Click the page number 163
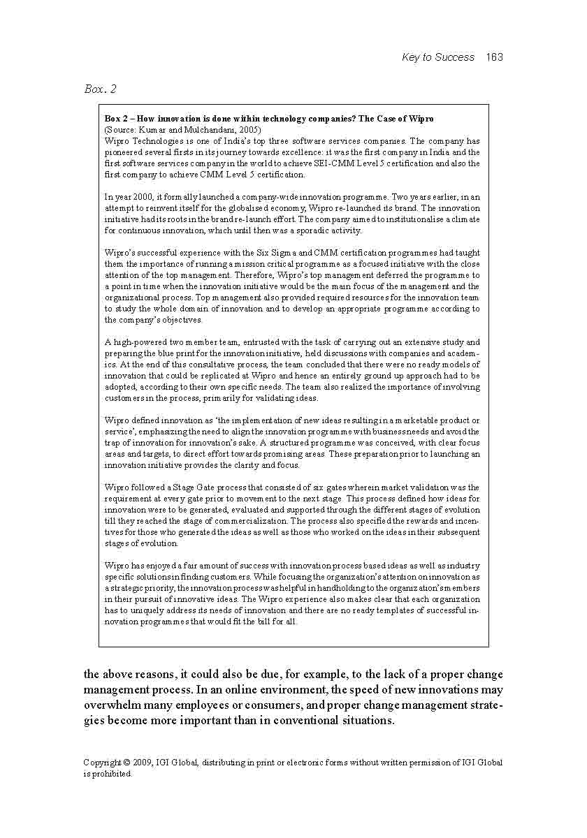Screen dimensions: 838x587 coord(494,57)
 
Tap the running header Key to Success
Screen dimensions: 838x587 coord(438,57)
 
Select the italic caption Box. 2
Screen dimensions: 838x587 coord(100,89)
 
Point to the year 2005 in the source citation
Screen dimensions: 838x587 coord(249,130)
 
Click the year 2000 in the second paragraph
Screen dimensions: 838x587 coord(134,197)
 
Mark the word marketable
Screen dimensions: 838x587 coord(407,420)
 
